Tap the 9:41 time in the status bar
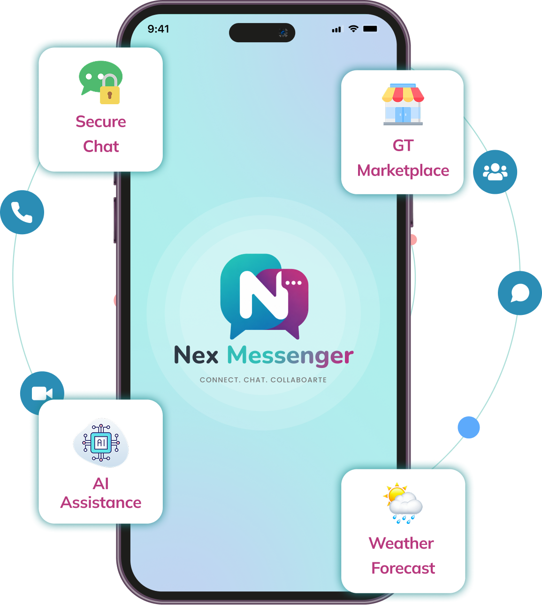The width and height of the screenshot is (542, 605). [x=158, y=29]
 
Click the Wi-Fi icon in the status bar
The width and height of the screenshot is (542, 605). [x=353, y=29]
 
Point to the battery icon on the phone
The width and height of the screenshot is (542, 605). [x=370, y=29]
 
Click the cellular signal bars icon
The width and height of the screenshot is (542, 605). [x=336, y=29]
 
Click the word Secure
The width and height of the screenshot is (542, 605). [x=101, y=122]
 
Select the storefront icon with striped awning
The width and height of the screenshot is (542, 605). [x=403, y=104]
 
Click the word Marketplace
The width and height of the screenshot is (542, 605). [x=403, y=171]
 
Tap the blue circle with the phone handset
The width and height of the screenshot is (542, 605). [x=22, y=212]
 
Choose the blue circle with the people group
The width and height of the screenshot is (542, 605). [x=495, y=172]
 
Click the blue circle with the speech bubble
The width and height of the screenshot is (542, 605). [x=520, y=293]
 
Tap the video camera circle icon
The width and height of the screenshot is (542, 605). [x=42, y=393]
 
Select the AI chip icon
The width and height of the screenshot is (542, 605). [x=101, y=443]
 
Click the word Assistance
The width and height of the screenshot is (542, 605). [x=101, y=503]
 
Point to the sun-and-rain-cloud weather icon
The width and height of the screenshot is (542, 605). [x=403, y=503]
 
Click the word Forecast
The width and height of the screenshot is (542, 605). [x=403, y=568]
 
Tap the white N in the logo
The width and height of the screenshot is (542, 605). [x=264, y=294]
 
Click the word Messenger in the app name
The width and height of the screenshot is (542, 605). [x=290, y=356]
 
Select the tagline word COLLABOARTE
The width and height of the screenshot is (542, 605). [x=298, y=380]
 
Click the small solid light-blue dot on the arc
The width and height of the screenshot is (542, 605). [x=468, y=427]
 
